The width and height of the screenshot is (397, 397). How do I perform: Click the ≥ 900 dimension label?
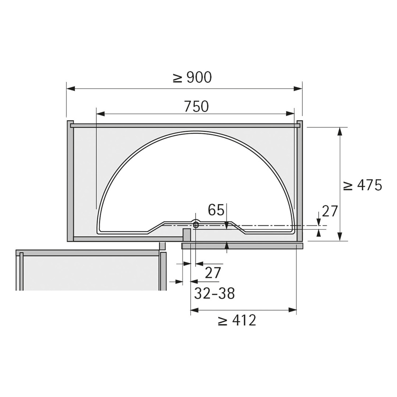[x=192, y=78]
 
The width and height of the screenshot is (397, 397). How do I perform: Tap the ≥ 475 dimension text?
[x=362, y=186]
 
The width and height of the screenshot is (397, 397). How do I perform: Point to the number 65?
[x=216, y=210]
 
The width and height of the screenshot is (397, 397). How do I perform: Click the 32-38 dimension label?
[x=214, y=293]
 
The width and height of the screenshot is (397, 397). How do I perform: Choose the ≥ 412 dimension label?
[x=237, y=321]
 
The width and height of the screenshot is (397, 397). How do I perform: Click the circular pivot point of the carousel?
[x=196, y=225]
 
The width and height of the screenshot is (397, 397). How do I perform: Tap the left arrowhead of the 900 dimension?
[x=71, y=89]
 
